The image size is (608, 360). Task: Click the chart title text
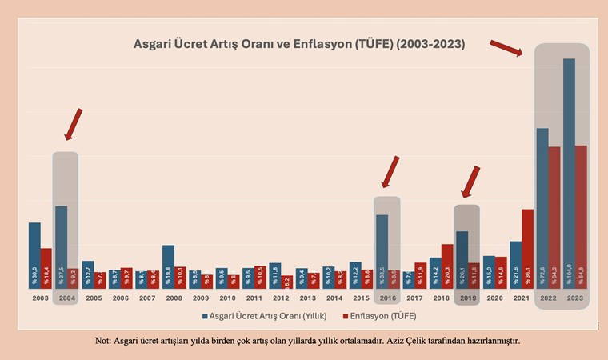[x=299, y=43]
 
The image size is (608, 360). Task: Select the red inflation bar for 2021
[x=527, y=248]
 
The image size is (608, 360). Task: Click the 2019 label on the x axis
[x=467, y=298]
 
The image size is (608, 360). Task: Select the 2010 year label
[x=227, y=298]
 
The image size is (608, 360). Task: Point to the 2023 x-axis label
[x=574, y=298]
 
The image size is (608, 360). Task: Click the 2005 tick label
[x=94, y=298]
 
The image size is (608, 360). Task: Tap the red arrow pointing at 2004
[x=73, y=124]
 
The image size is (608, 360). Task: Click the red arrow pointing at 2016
[x=390, y=170]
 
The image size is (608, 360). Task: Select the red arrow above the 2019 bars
[x=471, y=181]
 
